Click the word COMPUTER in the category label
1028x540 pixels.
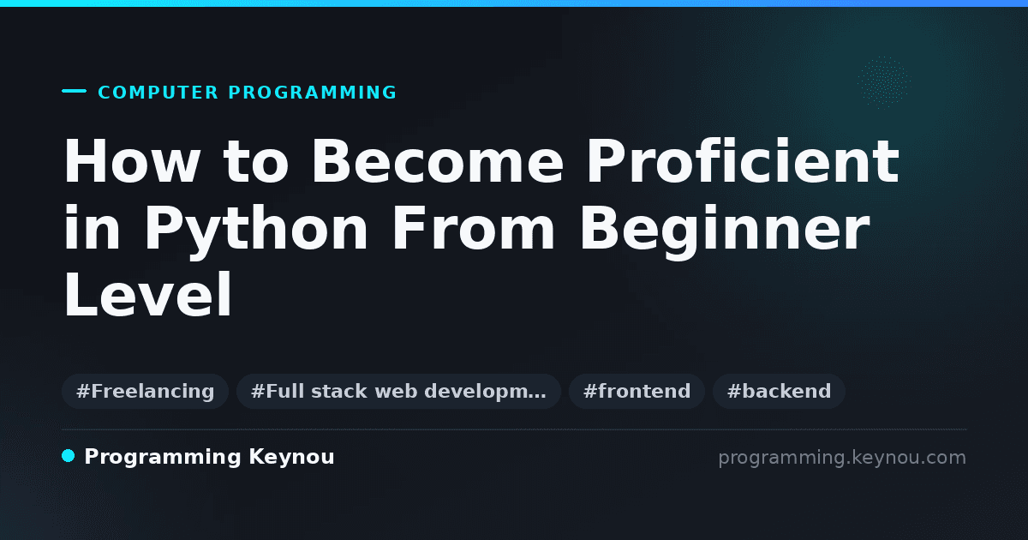point(158,93)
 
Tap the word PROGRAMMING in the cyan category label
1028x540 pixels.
point(312,93)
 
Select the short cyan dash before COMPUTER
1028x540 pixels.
point(74,91)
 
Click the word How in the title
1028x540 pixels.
point(132,161)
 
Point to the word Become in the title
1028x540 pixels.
point(438,161)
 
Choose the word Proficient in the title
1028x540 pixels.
point(743,161)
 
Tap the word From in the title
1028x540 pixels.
point(473,228)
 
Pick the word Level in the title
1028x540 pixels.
point(148,294)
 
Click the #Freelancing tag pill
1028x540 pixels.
point(145,391)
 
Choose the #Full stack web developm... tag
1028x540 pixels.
point(398,391)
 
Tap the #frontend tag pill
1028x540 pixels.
point(637,391)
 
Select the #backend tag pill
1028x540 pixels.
point(779,391)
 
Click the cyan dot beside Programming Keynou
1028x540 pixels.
point(68,456)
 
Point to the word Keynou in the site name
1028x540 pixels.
point(291,458)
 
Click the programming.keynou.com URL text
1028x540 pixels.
point(842,458)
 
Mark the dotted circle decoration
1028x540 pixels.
point(884,82)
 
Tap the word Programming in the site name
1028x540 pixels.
point(163,458)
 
